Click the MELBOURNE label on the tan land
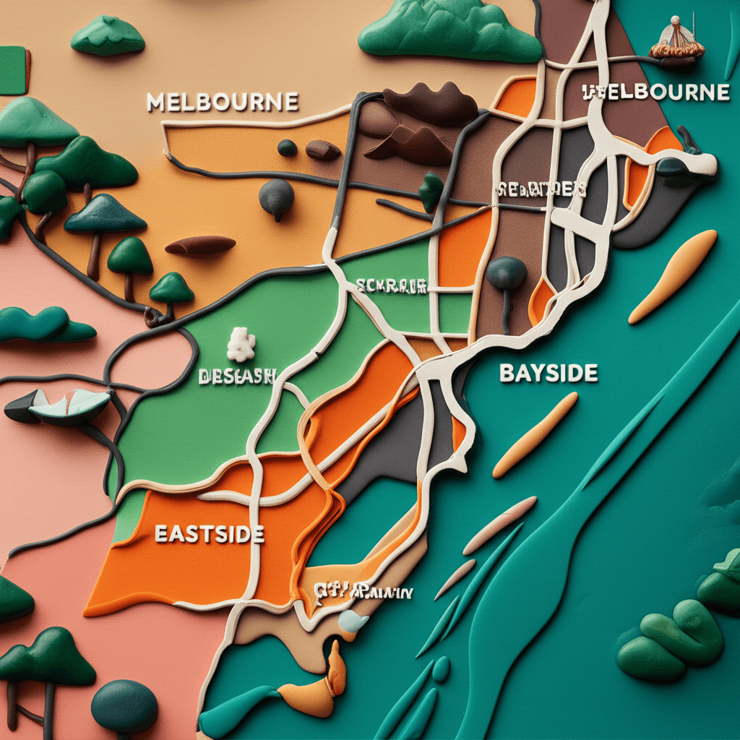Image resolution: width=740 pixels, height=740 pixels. click(x=223, y=102)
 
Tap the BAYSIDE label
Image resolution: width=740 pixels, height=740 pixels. click(x=548, y=373)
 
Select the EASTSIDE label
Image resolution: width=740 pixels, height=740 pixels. click(x=209, y=535)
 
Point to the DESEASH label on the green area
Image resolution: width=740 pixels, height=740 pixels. click(x=237, y=377)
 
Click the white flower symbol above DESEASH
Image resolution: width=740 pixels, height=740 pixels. click(x=241, y=345)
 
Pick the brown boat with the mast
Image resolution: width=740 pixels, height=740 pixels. click(x=676, y=44)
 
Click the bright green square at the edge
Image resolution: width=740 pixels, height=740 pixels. click(x=13, y=70)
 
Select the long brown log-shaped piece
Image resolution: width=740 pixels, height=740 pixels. click(x=200, y=246)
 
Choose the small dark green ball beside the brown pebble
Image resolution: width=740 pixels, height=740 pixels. click(x=287, y=147)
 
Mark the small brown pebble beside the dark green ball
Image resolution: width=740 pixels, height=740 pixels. click(x=322, y=150)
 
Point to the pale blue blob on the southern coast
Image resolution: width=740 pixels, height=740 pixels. click(x=353, y=620)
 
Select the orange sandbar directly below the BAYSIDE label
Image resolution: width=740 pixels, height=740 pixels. click(x=535, y=435)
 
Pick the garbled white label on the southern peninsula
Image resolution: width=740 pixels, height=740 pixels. click(x=363, y=592)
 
